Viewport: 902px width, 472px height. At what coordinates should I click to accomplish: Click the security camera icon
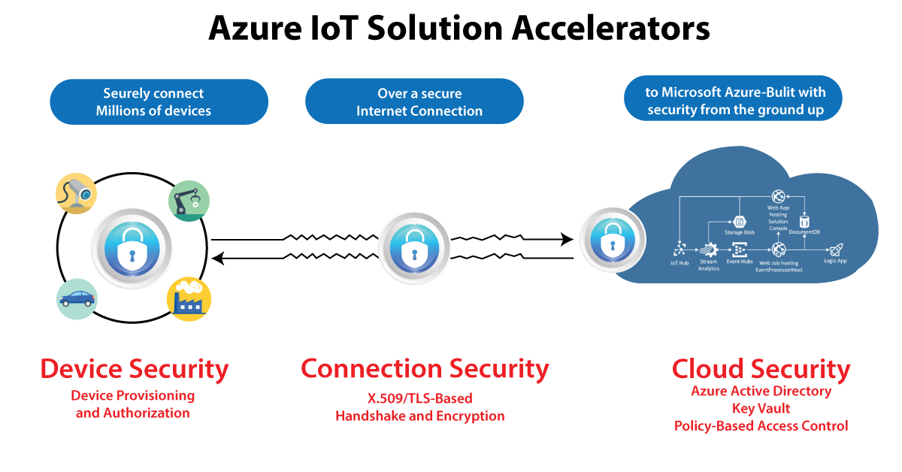77,193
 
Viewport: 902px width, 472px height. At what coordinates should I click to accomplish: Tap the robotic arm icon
189,201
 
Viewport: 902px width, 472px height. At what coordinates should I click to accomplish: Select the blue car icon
77,299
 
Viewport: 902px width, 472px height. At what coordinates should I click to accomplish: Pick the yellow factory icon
189,299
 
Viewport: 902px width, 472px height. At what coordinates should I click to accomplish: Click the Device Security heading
134,369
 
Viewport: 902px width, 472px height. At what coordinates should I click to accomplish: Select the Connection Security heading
425,369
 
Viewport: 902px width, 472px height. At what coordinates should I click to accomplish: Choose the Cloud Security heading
761,369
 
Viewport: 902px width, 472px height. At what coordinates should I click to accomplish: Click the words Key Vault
761,409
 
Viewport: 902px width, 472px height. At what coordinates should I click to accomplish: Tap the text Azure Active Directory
761,392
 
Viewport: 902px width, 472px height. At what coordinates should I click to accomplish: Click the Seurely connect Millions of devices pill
159,102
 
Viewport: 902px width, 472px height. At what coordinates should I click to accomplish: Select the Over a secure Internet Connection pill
414,101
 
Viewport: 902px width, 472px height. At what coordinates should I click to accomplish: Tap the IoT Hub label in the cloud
679,263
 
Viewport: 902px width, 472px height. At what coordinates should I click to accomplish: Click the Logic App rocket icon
836,250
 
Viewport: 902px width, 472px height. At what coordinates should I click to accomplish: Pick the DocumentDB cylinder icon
804,222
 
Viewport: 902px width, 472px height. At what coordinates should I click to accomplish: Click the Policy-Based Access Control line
761,426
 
